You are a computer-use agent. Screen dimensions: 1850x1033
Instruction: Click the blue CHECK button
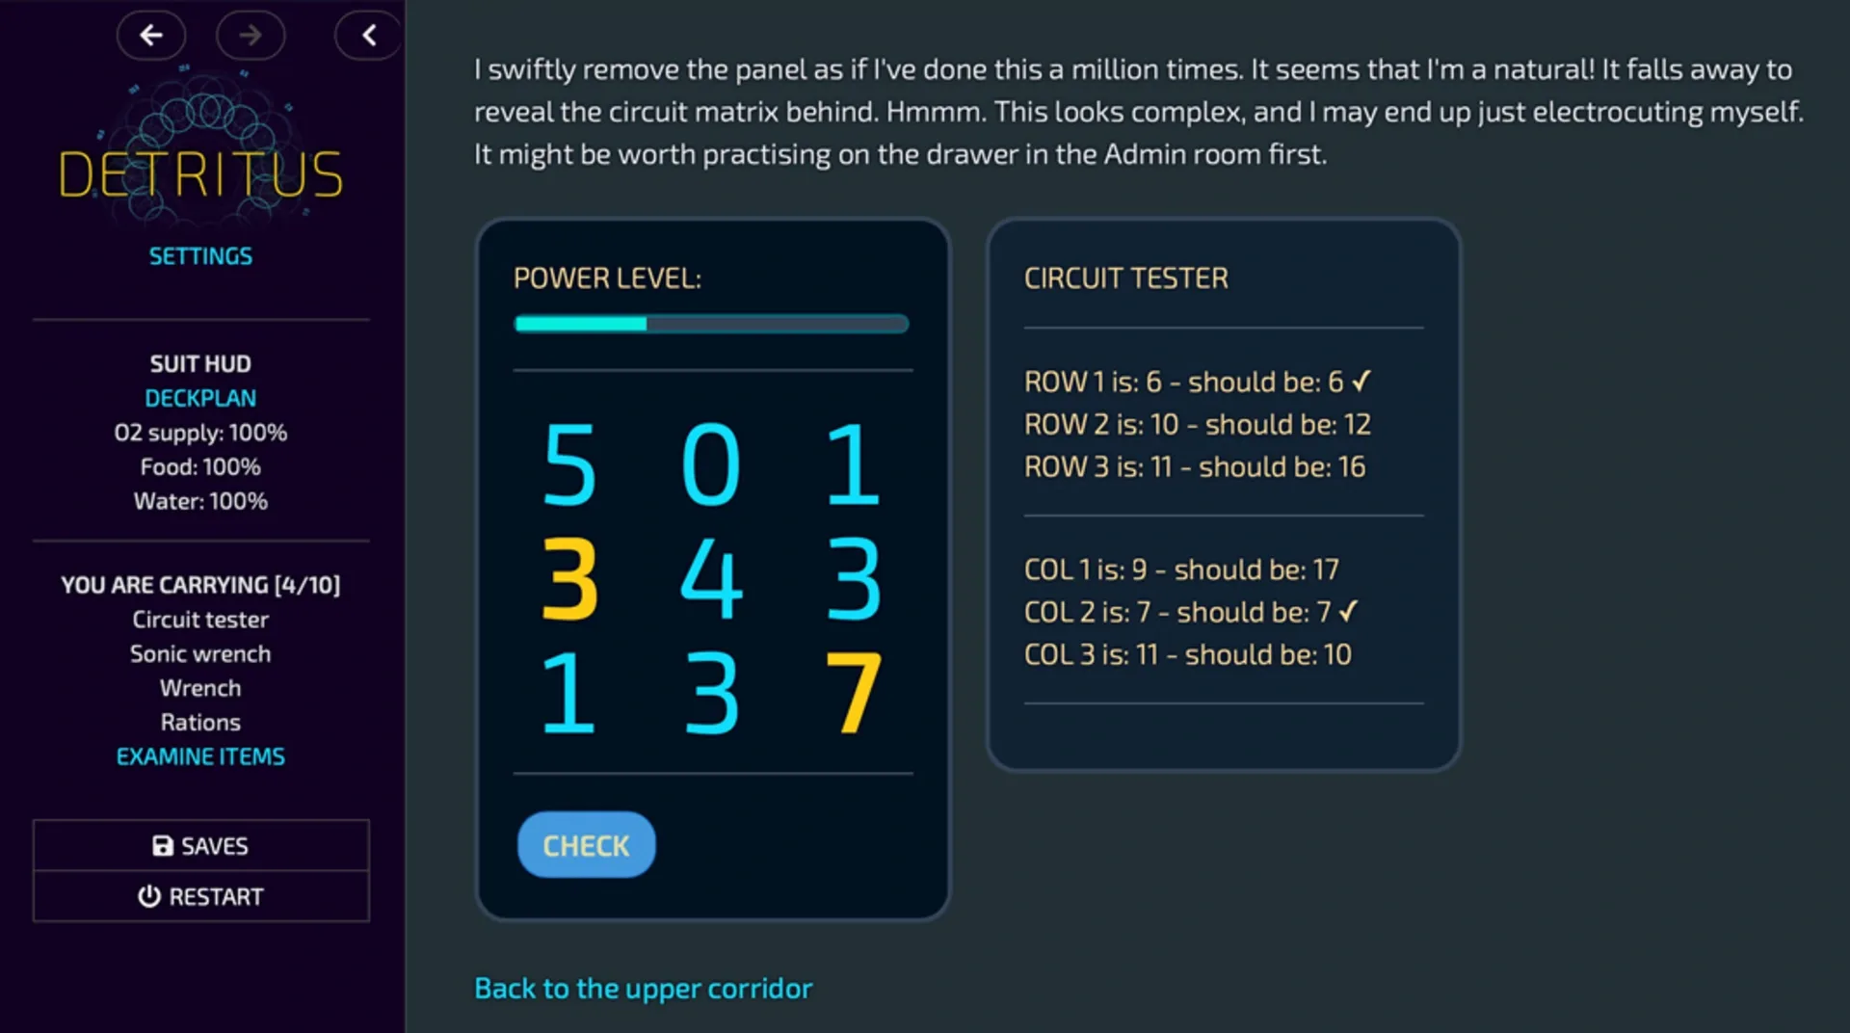[x=586, y=845]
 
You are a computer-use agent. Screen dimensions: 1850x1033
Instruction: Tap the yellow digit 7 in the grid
[x=853, y=692]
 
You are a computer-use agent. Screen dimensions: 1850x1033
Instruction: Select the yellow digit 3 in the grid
[x=569, y=578]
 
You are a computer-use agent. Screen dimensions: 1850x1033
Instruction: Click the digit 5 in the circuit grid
[x=569, y=464]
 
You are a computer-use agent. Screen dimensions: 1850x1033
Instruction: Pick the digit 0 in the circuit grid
[x=711, y=464]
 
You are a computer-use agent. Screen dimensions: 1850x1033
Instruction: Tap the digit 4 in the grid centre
[x=711, y=578]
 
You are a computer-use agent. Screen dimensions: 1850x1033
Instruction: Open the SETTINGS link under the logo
[x=200, y=256]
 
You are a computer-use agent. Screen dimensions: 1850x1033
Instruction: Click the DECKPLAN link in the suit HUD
[x=200, y=398]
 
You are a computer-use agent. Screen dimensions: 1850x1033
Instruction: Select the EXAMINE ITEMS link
[x=200, y=756]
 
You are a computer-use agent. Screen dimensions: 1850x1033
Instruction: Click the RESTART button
[x=200, y=897]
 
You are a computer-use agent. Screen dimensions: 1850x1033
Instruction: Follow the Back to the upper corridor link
[x=644, y=989]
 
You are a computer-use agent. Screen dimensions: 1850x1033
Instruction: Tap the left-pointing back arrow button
[x=151, y=36]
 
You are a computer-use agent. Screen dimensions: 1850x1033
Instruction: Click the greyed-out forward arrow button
[x=251, y=36]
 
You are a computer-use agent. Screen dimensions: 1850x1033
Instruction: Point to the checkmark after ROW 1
[x=1361, y=381]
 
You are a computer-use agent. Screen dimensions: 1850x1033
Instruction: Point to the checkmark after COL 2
[x=1349, y=610]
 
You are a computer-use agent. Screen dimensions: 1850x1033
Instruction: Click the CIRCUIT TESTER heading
[x=1125, y=278]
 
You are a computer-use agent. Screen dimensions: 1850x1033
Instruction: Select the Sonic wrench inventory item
[x=200, y=654]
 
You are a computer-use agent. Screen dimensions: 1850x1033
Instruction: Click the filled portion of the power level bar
[x=581, y=325]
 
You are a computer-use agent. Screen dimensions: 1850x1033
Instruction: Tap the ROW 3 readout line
[x=1195, y=467]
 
